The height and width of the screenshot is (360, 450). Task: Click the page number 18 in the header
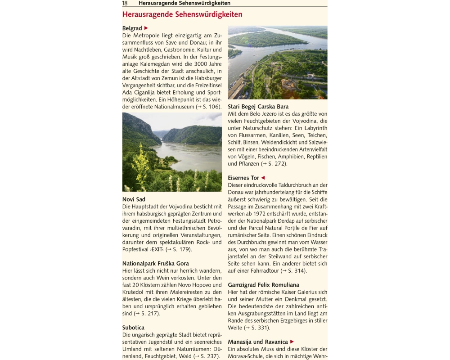[125, 3]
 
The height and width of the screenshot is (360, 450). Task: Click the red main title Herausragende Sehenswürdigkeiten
[182, 14]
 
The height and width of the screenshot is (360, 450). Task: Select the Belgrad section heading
[132, 28]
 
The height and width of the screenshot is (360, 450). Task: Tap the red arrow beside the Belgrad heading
[146, 28]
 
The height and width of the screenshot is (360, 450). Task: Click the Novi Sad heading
[134, 199]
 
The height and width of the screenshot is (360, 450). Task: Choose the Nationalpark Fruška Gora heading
[155, 263]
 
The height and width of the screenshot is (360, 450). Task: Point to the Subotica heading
[133, 328]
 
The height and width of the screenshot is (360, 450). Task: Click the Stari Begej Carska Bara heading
[258, 107]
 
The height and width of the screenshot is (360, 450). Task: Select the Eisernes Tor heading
[243, 178]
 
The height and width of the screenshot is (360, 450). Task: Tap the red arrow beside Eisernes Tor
[263, 178]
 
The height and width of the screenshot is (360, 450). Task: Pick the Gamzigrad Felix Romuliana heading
[263, 285]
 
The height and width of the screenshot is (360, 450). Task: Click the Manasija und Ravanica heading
[257, 342]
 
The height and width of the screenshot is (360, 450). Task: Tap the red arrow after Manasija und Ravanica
[292, 342]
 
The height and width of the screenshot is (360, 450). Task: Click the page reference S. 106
[211, 107]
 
